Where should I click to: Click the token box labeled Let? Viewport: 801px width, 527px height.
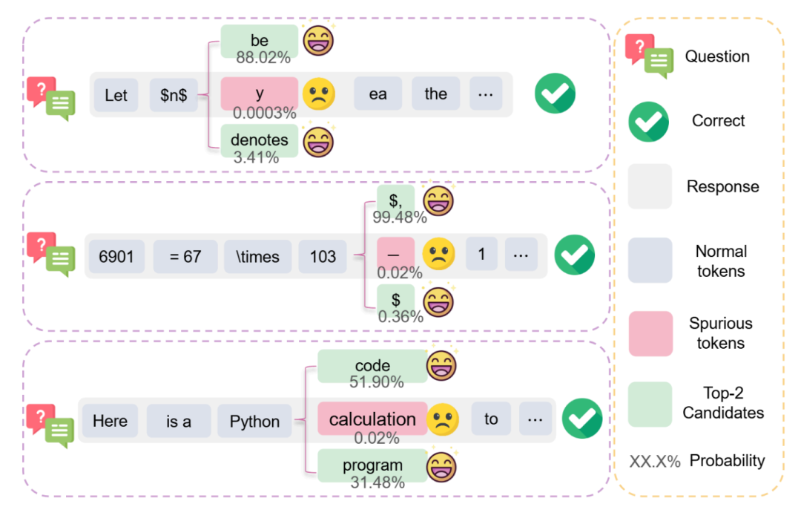[x=116, y=95]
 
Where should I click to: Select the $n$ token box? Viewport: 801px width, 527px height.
[x=174, y=95]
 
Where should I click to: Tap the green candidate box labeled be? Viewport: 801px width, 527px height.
[x=260, y=41]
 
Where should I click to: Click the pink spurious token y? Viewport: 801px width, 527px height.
[x=260, y=94]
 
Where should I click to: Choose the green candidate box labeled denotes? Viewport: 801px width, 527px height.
[x=260, y=140]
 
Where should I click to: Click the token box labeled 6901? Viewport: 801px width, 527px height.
[x=116, y=257]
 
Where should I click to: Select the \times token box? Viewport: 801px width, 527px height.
[x=258, y=257]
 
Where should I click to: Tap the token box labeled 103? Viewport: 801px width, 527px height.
[x=323, y=257]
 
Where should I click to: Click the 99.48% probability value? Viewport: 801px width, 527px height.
[x=400, y=217]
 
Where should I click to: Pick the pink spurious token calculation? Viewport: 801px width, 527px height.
[x=372, y=419]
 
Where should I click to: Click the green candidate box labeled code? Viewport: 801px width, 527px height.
[x=372, y=366]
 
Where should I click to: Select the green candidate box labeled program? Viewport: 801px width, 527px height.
[x=372, y=466]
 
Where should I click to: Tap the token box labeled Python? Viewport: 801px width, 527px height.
[x=254, y=422]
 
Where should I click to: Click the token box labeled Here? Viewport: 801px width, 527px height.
[x=110, y=421]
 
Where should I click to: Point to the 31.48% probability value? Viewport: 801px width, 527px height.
[x=377, y=482]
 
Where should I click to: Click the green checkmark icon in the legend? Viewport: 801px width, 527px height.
[x=648, y=121]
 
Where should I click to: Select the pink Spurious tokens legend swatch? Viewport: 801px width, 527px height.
[x=650, y=333]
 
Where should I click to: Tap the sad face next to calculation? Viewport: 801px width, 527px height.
[x=443, y=419]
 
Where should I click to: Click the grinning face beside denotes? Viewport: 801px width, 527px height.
[x=318, y=140]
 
